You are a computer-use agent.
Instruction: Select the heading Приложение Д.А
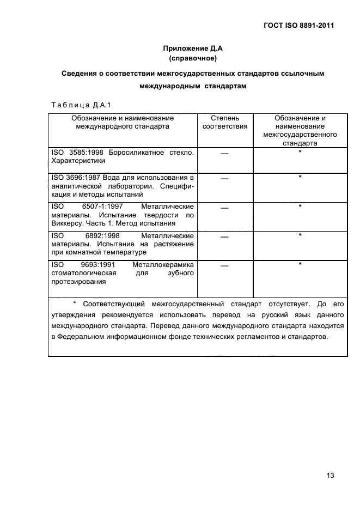pyautogui.click(x=193, y=48)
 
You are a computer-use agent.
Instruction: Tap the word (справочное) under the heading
pyautogui.click(x=193, y=58)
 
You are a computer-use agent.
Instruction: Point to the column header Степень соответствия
pyautogui.click(x=225, y=122)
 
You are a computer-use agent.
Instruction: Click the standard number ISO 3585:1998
pyautogui.click(x=78, y=153)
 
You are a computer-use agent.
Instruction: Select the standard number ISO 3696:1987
pyautogui.click(x=78, y=178)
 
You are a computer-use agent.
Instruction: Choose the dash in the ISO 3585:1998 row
pyautogui.click(x=225, y=154)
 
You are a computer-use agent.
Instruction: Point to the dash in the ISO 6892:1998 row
pyautogui.click(x=225, y=237)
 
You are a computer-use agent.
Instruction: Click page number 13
pyautogui.click(x=330, y=475)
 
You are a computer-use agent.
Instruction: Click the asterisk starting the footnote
pyautogui.click(x=75, y=302)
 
